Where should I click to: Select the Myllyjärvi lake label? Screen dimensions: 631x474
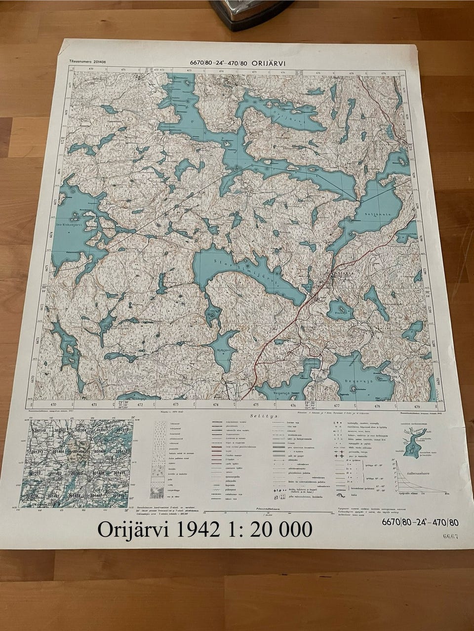[225, 348]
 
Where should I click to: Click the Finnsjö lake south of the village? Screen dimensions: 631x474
[340, 311]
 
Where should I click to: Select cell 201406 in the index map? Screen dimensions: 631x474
[79, 451]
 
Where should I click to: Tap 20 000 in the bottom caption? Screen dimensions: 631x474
[281, 529]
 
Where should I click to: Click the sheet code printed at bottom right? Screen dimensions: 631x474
[420, 522]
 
